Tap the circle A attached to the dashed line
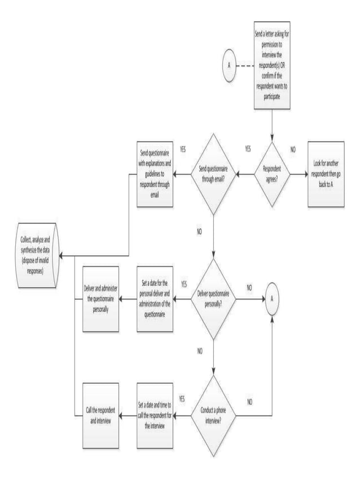tap(229, 65)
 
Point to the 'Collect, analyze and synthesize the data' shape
tap(36, 256)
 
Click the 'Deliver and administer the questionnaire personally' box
tap(100, 299)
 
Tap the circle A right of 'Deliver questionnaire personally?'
tap(272, 299)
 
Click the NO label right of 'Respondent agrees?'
tap(293, 150)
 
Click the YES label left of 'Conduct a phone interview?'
tap(182, 399)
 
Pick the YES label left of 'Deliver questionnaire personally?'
tap(184, 283)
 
